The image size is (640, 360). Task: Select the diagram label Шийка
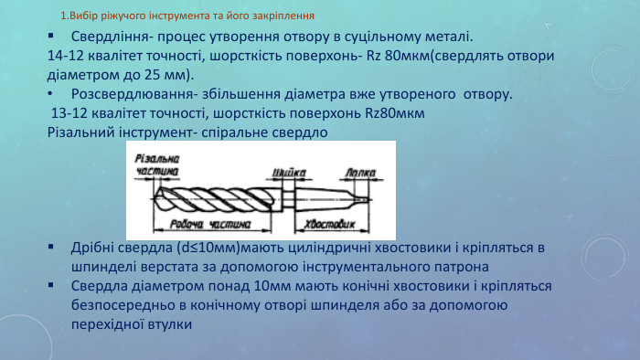coord(289,171)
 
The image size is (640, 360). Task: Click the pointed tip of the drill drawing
coord(155,194)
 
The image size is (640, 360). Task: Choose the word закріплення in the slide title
coord(285,16)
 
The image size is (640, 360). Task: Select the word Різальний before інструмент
coord(80,132)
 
